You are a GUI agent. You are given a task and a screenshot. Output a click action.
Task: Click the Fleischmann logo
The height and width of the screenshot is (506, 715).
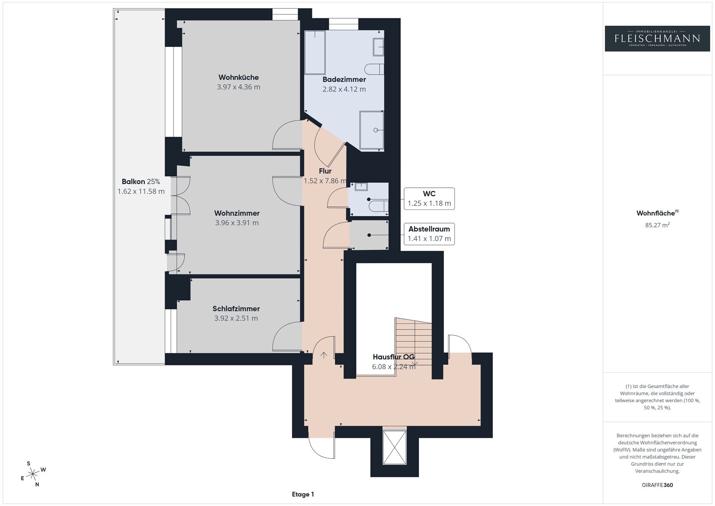pyautogui.click(x=657, y=38)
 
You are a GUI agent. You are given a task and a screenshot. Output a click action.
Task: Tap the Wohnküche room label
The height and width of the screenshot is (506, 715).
pyautogui.click(x=238, y=78)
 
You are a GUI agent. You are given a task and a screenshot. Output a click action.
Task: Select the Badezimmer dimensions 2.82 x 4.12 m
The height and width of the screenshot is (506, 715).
pyautogui.click(x=344, y=89)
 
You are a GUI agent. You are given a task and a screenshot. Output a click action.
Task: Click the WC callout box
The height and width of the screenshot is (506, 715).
pyautogui.click(x=429, y=199)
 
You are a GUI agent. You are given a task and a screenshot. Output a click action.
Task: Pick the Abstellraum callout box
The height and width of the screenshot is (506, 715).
pyautogui.click(x=429, y=234)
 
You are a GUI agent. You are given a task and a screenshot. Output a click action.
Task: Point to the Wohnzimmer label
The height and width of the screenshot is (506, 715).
pyautogui.click(x=237, y=213)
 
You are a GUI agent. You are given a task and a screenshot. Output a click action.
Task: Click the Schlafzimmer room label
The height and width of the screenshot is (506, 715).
pyautogui.click(x=236, y=309)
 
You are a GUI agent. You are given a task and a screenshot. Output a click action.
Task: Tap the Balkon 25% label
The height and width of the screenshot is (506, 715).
pyautogui.click(x=141, y=181)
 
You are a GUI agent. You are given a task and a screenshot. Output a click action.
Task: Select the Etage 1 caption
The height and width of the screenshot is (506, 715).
pyautogui.click(x=303, y=494)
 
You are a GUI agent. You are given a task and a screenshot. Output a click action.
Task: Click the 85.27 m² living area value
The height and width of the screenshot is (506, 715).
pyautogui.click(x=657, y=225)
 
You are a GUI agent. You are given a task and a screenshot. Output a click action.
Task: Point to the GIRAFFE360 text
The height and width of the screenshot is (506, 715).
pyautogui.click(x=657, y=485)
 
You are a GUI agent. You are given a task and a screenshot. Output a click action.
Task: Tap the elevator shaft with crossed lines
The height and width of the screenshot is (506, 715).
pyautogui.click(x=394, y=447)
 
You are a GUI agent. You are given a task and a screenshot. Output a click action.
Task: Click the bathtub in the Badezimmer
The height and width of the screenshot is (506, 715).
pyautogui.click(x=315, y=52)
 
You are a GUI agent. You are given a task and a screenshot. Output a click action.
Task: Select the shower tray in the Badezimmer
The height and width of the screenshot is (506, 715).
pyautogui.click(x=372, y=130)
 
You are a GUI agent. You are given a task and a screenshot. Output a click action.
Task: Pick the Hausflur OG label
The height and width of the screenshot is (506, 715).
pyautogui.click(x=394, y=357)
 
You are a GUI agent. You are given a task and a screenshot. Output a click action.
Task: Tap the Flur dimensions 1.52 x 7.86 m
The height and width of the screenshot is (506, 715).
pyautogui.click(x=325, y=181)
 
